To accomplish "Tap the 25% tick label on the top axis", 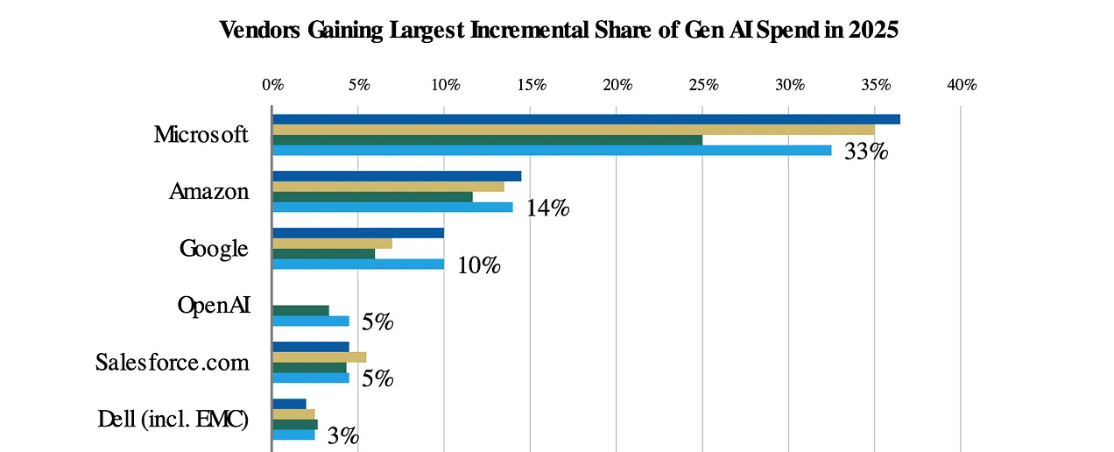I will coord(704,85).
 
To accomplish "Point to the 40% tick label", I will coord(962,85).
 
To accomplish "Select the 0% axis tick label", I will coord(272,85).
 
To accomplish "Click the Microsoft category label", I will coord(201,135).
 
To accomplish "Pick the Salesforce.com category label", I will coord(173,363).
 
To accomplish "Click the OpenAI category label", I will coord(214,305).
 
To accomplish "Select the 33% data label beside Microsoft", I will coord(866,152).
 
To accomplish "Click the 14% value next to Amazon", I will coord(548,208).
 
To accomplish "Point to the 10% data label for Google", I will coord(478,265).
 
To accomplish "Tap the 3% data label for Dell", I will coord(342,436).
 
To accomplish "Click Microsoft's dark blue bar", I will coord(586,119).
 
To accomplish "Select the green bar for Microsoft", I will coord(487,140).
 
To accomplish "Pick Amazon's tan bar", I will coord(388,187).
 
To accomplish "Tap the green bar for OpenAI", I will coord(300,310).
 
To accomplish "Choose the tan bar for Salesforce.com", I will coord(319,357).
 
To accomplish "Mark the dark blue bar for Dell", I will coord(289,404).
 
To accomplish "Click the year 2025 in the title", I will coord(875,30).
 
